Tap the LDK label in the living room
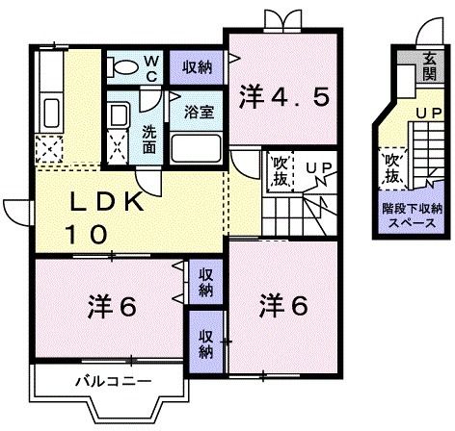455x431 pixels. pyautogui.click(x=107, y=204)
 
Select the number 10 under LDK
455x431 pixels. pyautogui.click(x=85, y=233)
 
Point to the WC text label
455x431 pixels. pyautogui.click(x=151, y=67)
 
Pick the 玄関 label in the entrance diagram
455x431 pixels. pyautogui.click(x=428, y=68)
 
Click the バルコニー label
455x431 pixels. pyautogui.click(x=113, y=381)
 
